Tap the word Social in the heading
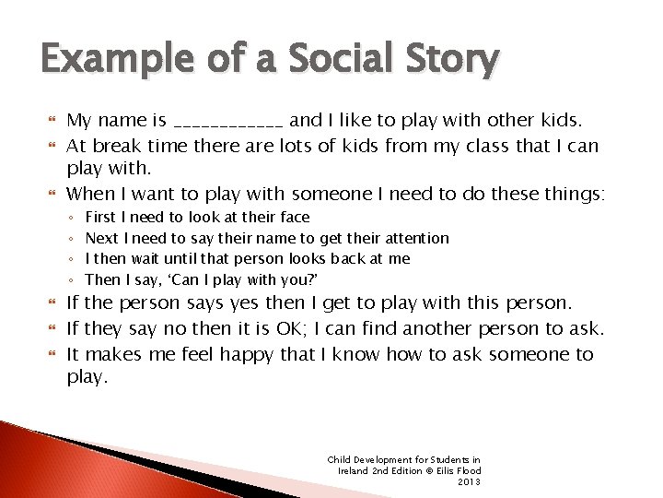pos(329,62)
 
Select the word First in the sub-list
pos(99,217)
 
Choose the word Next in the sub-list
pos(100,238)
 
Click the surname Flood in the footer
pos(462,470)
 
